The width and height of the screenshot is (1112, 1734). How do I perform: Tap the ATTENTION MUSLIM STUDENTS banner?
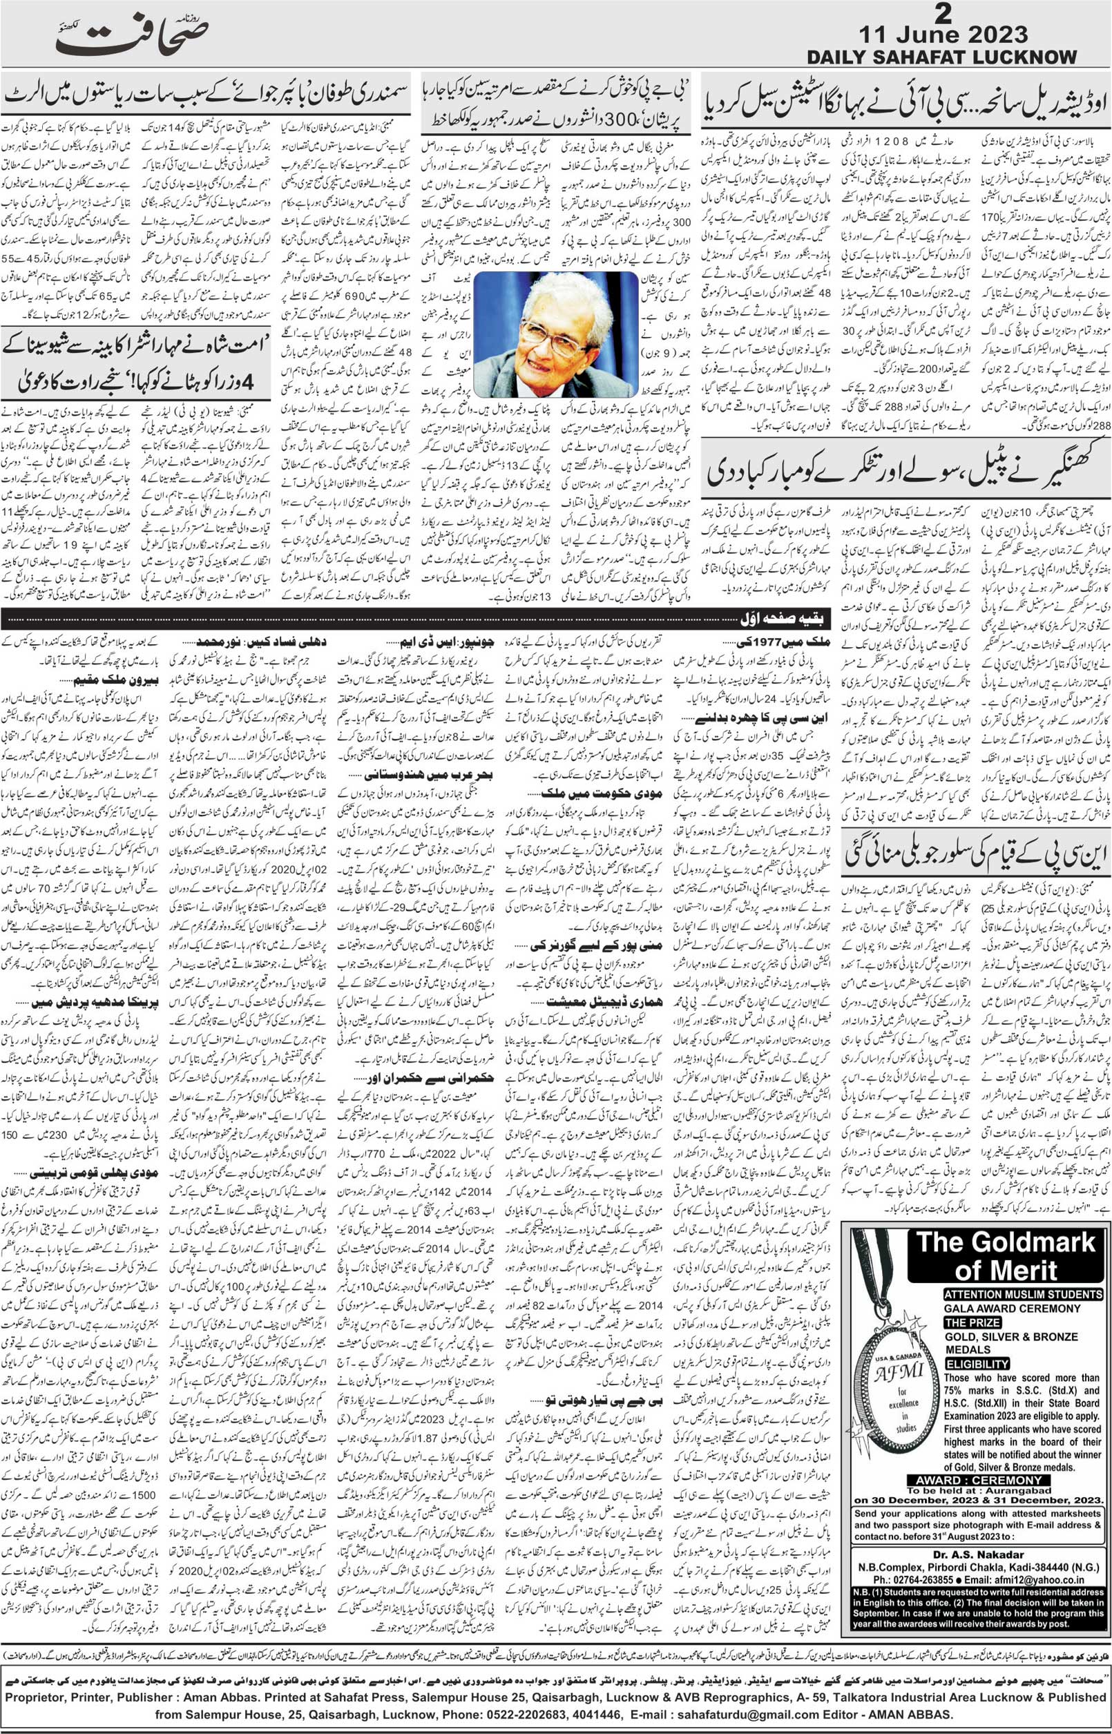(x=1022, y=1294)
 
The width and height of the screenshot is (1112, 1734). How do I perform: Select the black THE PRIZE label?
(x=972, y=1322)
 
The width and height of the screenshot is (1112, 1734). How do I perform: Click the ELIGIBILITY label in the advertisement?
(x=977, y=1364)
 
